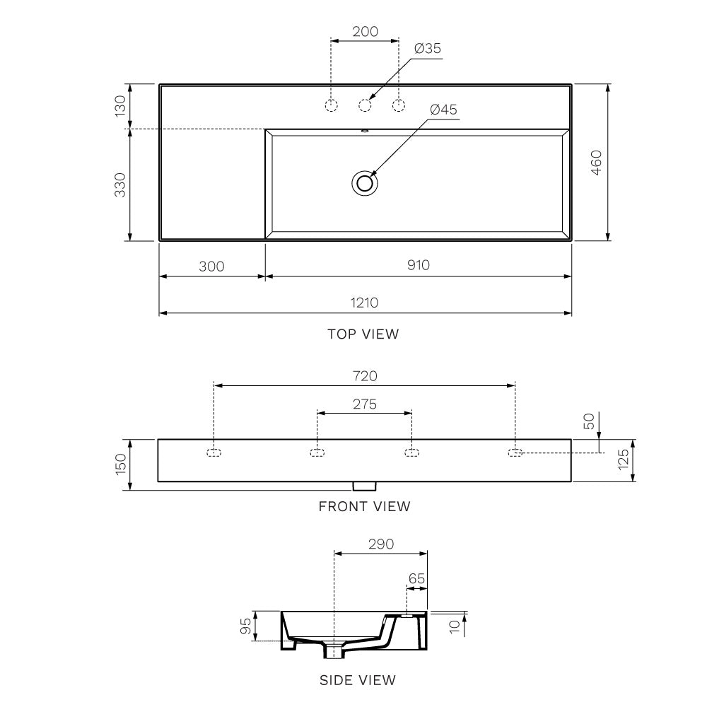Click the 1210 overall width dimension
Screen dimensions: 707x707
coord(364,303)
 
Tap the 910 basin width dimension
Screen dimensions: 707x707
coord(419,264)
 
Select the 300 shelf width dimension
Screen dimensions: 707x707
coord(211,267)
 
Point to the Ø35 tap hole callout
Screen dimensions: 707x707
coord(428,48)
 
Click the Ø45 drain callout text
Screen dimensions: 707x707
coord(444,110)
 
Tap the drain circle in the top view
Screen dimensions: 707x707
coord(364,183)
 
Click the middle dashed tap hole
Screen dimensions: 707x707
coord(365,105)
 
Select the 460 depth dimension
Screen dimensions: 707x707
coord(596,163)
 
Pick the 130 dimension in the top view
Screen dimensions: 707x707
coord(120,106)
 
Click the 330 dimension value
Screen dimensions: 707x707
coord(120,185)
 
